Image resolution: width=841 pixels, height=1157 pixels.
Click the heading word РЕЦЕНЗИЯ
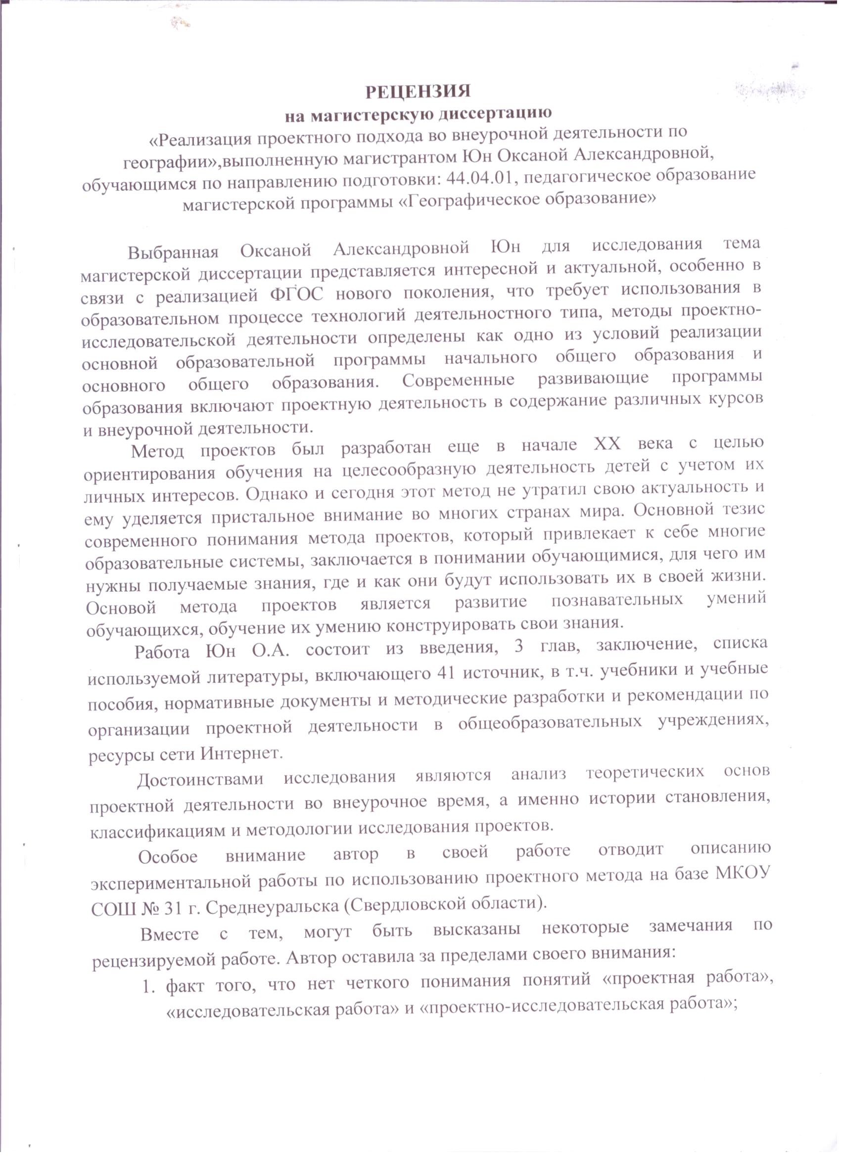(x=418, y=92)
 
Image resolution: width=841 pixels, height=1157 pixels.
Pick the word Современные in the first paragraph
(x=458, y=380)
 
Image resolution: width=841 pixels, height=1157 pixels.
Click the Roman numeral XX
(x=607, y=444)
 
